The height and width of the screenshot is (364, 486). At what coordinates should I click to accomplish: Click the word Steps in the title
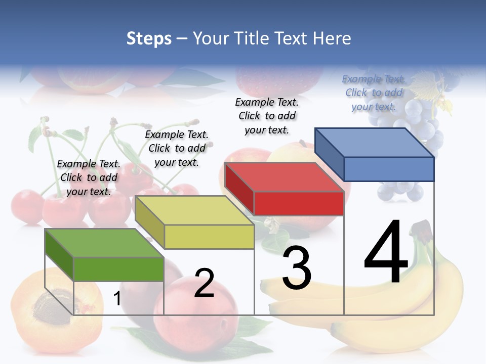point(149,38)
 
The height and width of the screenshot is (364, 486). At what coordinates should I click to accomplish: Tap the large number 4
point(386,252)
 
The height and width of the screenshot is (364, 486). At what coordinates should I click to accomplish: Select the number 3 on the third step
point(296,268)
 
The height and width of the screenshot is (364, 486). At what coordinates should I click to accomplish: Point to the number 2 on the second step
point(204,283)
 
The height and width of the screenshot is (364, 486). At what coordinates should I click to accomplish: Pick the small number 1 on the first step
point(117,298)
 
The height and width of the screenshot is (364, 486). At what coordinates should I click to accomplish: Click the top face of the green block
point(104,243)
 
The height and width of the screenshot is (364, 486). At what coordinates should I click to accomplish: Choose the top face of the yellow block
point(195,210)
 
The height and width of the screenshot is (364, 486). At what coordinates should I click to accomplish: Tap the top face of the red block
point(285,177)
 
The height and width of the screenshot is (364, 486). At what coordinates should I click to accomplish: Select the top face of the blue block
point(375,143)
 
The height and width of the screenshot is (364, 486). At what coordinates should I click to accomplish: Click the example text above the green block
point(89,177)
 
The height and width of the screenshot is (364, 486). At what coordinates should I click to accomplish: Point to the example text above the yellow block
point(177,148)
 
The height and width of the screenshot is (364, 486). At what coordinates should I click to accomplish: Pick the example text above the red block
point(267,116)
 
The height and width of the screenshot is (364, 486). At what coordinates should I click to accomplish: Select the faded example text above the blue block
point(374,93)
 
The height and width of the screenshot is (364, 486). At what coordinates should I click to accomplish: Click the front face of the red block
point(299,203)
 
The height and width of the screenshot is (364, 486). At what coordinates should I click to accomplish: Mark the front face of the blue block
point(389,169)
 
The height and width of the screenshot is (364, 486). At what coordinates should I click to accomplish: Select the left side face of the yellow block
point(150,222)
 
